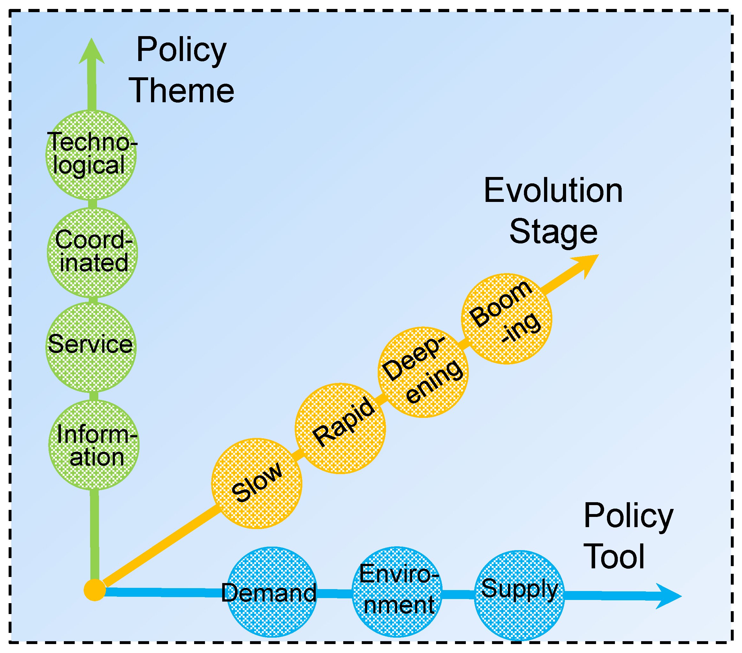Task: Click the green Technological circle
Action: tap(91, 155)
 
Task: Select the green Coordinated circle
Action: tap(93, 253)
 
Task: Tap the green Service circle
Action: tap(91, 347)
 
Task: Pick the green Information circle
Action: tap(94, 445)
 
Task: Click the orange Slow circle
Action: tap(257, 483)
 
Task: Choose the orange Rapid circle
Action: tap(340, 428)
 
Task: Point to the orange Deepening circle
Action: tap(423, 372)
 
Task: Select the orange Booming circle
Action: tap(506, 319)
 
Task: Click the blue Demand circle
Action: tap(271, 592)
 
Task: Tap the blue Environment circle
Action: tap(397, 592)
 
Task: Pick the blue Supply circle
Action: tap(519, 595)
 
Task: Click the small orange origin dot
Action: tap(95, 590)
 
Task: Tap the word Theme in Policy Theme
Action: tap(181, 90)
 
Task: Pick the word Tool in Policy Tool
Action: tap(614, 557)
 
